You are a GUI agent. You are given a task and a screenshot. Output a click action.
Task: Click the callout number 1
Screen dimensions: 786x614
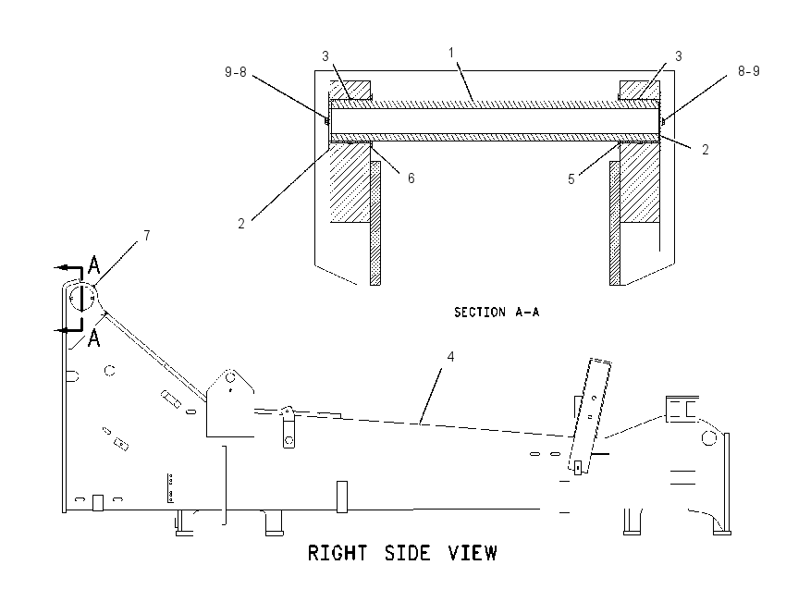(451, 53)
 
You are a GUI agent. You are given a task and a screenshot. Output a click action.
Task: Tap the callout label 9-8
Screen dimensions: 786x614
(235, 72)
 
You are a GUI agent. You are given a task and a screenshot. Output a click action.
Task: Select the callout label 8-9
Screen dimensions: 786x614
(748, 71)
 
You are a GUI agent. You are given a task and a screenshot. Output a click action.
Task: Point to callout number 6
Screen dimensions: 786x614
(411, 178)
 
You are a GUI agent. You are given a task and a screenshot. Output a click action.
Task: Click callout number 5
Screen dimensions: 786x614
(571, 179)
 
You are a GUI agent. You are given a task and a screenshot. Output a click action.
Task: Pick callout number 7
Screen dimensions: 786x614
(146, 235)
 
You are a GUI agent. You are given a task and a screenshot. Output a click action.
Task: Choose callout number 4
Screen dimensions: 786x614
(450, 356)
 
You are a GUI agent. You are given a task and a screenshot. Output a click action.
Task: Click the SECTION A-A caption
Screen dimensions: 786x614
(497, 313)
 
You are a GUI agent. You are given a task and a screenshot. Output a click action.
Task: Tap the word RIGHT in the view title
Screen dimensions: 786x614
(338, 553)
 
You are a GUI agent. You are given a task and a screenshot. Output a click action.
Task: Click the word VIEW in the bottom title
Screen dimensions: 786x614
(473, 553)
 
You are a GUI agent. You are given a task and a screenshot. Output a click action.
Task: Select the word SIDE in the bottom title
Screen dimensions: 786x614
(407, 553)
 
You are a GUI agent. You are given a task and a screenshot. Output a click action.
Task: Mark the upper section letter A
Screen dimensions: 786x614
(93, 264)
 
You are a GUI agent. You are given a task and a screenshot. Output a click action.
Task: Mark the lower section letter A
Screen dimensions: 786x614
(93, 338)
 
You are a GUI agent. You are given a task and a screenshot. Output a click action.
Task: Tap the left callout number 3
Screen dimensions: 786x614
(325, 56)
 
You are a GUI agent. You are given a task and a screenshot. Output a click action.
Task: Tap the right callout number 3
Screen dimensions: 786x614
(679, 56)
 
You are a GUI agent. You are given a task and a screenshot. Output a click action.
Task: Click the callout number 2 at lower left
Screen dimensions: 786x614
(241, 224)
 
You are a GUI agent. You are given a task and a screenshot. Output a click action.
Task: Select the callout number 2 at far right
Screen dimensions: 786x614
(706, 150)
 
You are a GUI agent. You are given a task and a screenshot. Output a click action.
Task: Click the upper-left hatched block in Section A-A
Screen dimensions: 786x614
(350, 90)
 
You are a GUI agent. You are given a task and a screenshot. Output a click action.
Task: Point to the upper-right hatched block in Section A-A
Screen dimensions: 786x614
(640, 90)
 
